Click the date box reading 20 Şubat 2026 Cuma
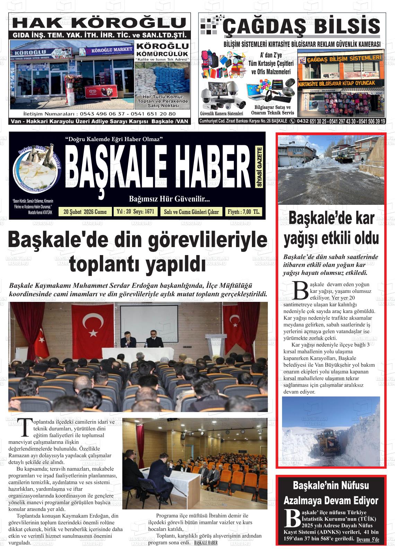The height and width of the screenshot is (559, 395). pyautogui.click(x=85, y=212)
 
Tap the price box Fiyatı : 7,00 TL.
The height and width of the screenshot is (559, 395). pyautogui.click(x=244, y=212)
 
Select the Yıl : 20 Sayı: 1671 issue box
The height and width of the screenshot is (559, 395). pyautogui.click(x=135, y=212)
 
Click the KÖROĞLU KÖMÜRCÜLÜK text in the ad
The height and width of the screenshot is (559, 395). pyautogui.click(x=163, y=50)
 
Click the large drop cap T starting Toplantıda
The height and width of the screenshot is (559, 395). pyautogui.click(x=25, y=427)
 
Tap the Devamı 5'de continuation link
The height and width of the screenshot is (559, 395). pyautogui.click(x=368, y=540)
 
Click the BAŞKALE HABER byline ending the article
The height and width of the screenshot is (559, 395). pyautogui.click(x=206, y=543)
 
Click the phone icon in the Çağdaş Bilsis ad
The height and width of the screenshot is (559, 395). pyautogui.click(x=292, y=121)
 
